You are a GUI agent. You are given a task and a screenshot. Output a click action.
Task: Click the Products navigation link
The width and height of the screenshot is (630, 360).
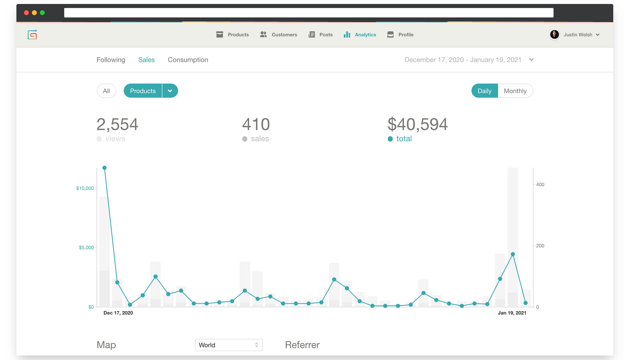(x=233, y=35)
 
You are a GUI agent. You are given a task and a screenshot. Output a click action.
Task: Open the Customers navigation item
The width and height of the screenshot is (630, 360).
(x=278, y=35)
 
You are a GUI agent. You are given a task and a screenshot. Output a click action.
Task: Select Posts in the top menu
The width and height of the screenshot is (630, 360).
(x=321, y=35)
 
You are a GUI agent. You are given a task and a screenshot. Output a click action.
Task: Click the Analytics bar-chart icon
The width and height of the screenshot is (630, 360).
(x=347, y=35)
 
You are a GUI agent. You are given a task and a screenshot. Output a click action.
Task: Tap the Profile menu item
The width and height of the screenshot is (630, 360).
(x=400, y=35)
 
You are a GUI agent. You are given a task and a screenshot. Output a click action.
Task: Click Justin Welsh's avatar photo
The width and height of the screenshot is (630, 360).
(x=554, y=35)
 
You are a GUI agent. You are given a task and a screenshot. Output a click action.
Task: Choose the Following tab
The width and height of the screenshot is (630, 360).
(x=111, y=60)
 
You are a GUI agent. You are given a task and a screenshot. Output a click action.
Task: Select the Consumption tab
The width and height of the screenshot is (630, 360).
(x=188, y=60)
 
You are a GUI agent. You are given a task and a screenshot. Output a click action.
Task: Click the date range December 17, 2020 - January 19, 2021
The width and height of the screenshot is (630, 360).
(x=463, y=60)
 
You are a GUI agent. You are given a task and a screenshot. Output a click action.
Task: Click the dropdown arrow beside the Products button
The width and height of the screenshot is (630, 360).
(x=170, y=91)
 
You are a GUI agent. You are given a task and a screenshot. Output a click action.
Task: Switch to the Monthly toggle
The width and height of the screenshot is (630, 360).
(x=515, y=91)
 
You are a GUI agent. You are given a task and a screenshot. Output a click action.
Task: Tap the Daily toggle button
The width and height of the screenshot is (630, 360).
(x=484, y=91)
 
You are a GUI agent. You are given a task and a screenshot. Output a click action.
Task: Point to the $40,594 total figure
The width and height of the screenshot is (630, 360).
(x=417, y=124)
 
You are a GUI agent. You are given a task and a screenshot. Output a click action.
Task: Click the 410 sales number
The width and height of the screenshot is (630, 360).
(x=256, y=124)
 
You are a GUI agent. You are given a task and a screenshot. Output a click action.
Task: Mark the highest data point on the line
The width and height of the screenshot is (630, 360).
(x=104, y=168)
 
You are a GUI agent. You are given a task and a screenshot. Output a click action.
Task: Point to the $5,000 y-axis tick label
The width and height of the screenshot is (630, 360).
(x=86, y=248)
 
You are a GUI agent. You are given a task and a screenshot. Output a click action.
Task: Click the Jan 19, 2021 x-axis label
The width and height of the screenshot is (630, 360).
(x=512, y=313)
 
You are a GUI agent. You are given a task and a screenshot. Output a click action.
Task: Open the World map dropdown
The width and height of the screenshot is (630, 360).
(x=229, y=345)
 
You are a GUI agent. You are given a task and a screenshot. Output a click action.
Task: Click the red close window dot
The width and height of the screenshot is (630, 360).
(x=26, y=13)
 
